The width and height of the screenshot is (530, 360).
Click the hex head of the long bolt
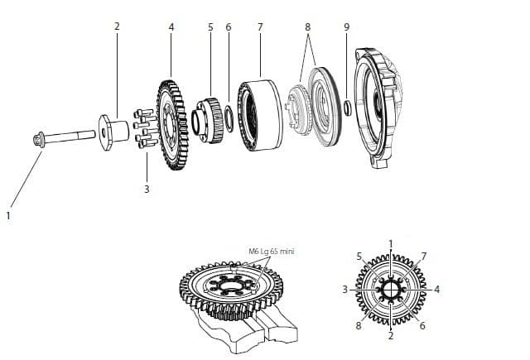[x=39, y=140]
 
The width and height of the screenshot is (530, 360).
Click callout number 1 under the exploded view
[x=8, y=215]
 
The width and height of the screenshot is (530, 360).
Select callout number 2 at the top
[x=117, y=26]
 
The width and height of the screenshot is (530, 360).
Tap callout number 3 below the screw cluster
[x=147, y=190]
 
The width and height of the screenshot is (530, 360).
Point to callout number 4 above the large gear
[x=171, y=27]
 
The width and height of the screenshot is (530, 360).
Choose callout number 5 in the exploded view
[x=210, y=27]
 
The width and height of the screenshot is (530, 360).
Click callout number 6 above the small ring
[x=229, y=27]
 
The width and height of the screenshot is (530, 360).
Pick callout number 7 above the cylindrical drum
[x=260, y=27]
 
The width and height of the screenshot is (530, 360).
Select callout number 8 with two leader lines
[x=307, y=27]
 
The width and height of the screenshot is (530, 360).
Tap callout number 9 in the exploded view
[x=347, y=27]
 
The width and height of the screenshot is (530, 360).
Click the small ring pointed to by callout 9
[x=347, y=108]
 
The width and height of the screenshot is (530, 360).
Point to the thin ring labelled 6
[x=229, y=118]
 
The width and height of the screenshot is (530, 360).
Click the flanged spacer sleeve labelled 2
[x=113, y=132]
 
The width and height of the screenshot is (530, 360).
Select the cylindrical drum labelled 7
[x=260, y=115]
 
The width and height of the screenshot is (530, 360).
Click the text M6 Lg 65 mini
[x=272, y=252]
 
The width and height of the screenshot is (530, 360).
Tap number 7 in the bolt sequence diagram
[x=423, y=257]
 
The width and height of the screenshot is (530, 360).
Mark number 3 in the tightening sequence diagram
[x=344, y=290]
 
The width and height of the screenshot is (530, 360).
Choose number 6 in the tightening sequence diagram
[x=422, y=325]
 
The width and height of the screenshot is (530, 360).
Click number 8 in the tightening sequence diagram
[x=359, y=325]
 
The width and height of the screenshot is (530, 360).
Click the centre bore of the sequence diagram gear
[x=391, y=290]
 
